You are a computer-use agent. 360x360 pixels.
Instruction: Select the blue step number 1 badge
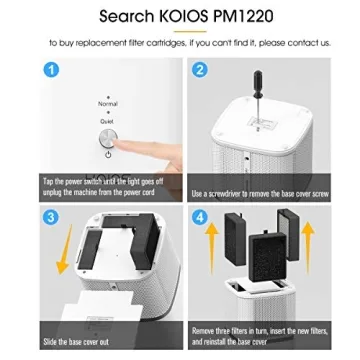click(53, 70)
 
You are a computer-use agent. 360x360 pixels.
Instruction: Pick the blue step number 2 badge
click(199, 70)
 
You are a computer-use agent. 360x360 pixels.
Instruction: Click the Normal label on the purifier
click(108, 103)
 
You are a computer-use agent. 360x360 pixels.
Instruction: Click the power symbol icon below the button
click(107, 154)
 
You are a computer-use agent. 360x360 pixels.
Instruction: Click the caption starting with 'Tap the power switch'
click(94, 186)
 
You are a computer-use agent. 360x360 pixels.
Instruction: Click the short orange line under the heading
click(180, 32)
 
